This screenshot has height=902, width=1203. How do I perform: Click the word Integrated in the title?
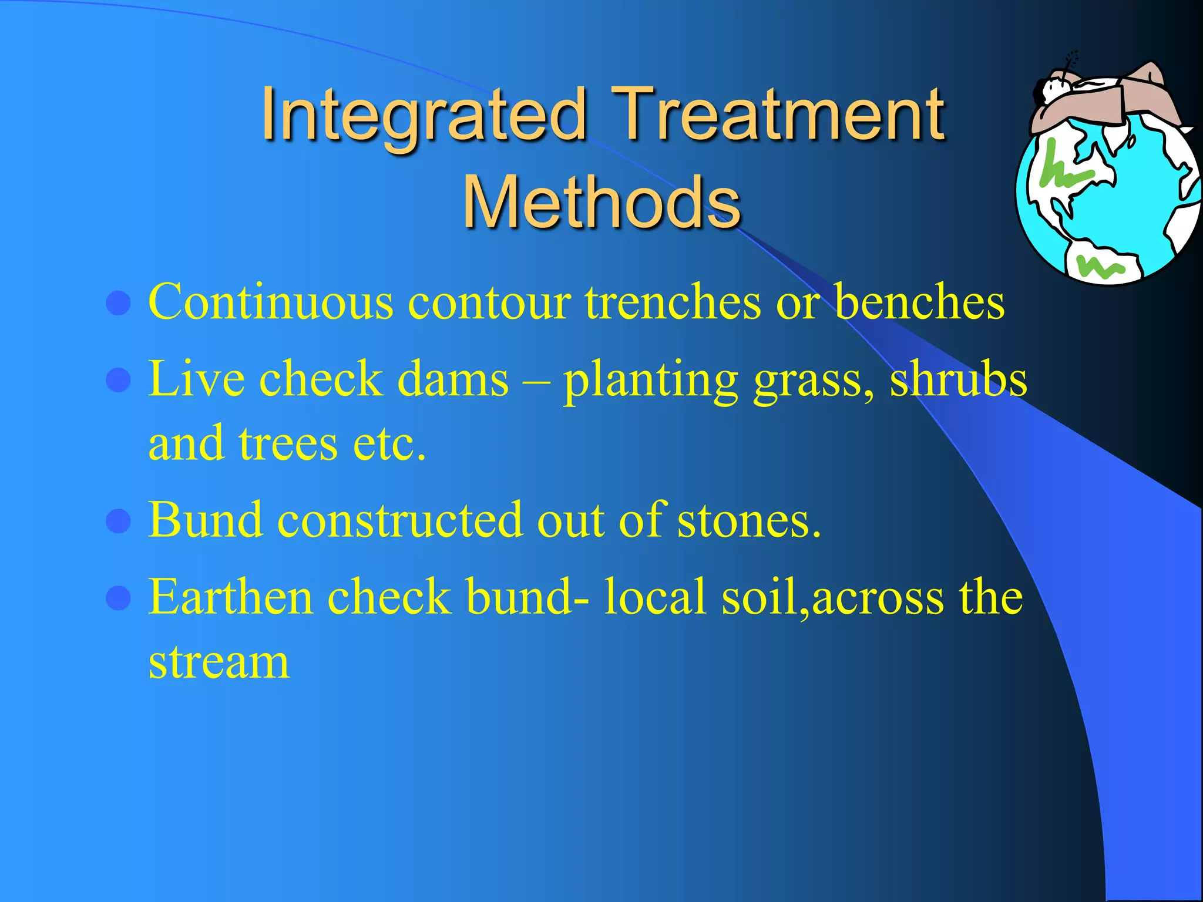coord(423,115)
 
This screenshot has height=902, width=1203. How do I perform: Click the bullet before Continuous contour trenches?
coord(118,304)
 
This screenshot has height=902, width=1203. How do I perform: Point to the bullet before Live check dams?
coord(118,381)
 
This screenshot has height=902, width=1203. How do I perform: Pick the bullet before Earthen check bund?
coord(118,598)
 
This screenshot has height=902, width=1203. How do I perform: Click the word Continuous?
coord(271,302)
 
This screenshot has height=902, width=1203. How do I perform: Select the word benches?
coord(919,302)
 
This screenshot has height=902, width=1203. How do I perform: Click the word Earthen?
coord(231,597)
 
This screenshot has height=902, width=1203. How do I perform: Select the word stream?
coord(219,663)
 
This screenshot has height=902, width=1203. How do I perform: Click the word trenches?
coord(672,302)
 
